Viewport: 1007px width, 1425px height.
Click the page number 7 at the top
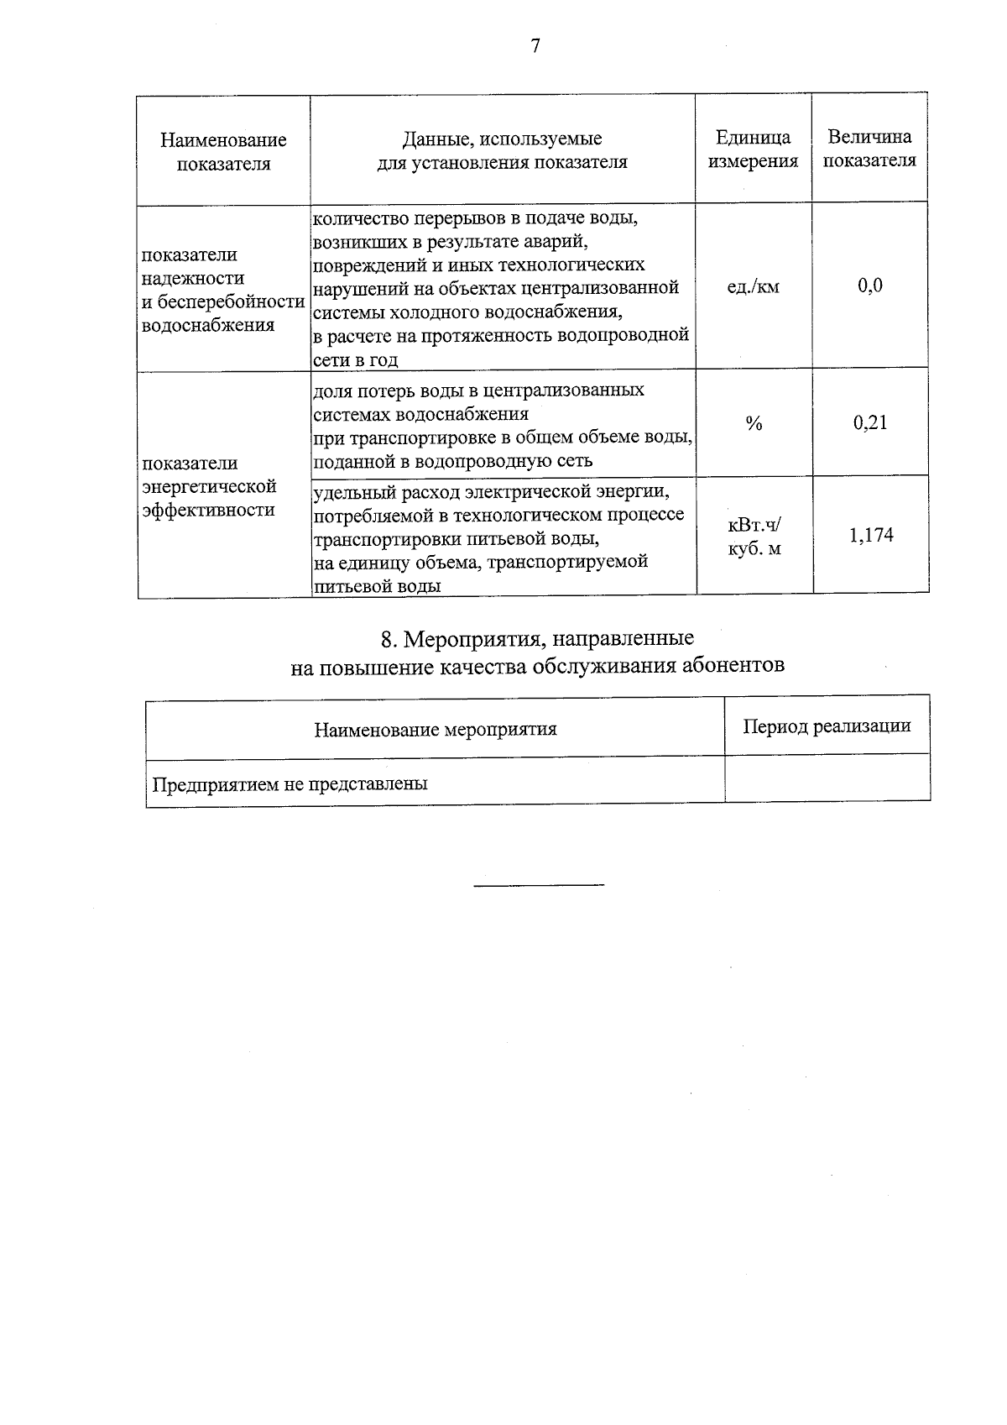click(x=535, y=46)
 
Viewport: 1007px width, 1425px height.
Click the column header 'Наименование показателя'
click(x=223, y=151)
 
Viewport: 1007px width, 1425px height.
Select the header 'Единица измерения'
click(x=753, y=149)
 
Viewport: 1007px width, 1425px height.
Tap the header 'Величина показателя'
click(x=869, y=148)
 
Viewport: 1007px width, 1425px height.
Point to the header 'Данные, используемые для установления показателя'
click(x=502, y=150)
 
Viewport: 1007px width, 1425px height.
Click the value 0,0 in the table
click(x=870, y=286)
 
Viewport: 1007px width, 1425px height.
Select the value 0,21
click(x=870, y=422)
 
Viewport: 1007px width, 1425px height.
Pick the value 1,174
click(x=871, y=535)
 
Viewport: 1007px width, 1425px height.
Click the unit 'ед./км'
click(x=753, y=287)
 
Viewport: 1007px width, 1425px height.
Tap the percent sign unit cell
click(x=754, y=424)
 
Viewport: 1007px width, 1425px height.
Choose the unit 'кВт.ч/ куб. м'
click(x=754, y=537)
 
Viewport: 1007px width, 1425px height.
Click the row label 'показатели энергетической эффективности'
click(x=209, y=486)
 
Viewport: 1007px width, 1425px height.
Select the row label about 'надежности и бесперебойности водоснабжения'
click(x=222, y=290)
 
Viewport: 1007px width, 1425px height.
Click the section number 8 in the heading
click(x=387, y=639)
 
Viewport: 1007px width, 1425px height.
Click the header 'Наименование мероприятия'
click(x=436, y=729)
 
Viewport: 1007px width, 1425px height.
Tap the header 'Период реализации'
click(x=827, y=726)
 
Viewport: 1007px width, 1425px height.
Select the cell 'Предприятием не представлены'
click(x=290, y=784)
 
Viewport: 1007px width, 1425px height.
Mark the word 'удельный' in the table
click(x=350, y=490)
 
